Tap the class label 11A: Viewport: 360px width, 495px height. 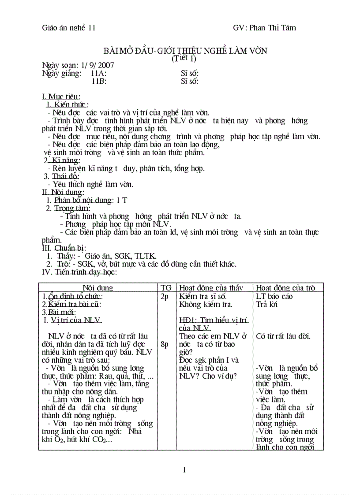[99, 74]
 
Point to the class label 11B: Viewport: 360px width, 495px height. [99, 81]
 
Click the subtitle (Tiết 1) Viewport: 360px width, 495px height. [184, 58]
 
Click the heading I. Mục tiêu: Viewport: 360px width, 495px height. [61, 97]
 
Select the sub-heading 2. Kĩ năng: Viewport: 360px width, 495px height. [62, 160]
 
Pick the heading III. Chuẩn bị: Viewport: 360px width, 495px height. [64, 248]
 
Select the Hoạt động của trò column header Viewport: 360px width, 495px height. [286, 288]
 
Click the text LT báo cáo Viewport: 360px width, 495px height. [274, 296]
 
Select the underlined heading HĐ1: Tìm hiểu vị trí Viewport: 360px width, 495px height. [214, 320]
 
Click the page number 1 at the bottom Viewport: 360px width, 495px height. [184, 469]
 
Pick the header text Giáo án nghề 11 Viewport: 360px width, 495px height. [69, 28]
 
